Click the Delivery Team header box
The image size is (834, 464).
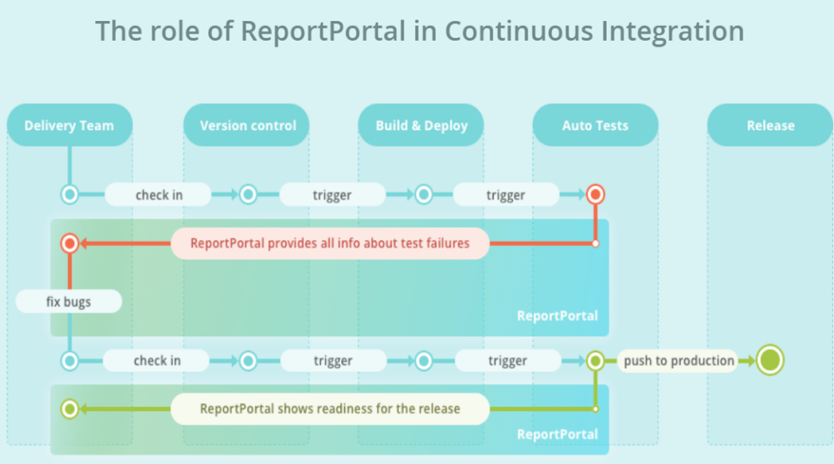(x=70, y=125)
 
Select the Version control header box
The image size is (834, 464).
(x=246, y=125)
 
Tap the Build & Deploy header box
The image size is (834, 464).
(x=421, y=125)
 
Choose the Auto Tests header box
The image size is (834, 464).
(x=595, y=125)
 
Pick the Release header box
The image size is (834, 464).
(x=770, y=125)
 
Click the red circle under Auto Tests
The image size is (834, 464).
(x=595, y=195)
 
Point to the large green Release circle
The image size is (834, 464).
(x=770, y=361)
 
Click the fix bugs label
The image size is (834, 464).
(x=68, y=301)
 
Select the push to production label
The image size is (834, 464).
(x=678, y=361)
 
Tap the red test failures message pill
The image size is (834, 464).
(x=330, y=243)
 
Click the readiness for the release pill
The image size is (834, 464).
(x=330, y=409)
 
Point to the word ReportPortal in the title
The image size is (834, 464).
(x=323, y=31)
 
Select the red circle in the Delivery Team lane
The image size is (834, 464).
(x=70, y=243)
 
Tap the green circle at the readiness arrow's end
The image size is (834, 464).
(x=70, y=409)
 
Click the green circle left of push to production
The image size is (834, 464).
(x=595, y=361)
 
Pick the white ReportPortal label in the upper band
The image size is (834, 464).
(x=557, y=316)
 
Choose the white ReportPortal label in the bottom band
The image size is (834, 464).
(x=557, y=434)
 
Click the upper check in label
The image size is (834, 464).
(x=159, y=195)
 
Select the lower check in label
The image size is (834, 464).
(x=157, y=361)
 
